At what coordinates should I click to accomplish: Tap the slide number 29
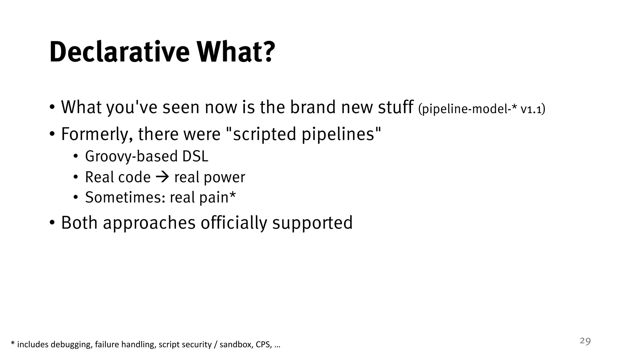(x=585, y=341)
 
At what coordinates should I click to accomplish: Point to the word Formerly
(x=95, y=134)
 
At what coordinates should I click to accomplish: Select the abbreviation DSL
(x=195, y=156)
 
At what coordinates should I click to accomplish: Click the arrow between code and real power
(x=162, y=177)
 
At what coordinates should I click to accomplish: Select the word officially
(x=234, y=223)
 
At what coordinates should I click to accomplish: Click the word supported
(x=312, y=223)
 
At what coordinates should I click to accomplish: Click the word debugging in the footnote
(x=71, y=345)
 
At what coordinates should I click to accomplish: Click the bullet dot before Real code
(x=75, y=177)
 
